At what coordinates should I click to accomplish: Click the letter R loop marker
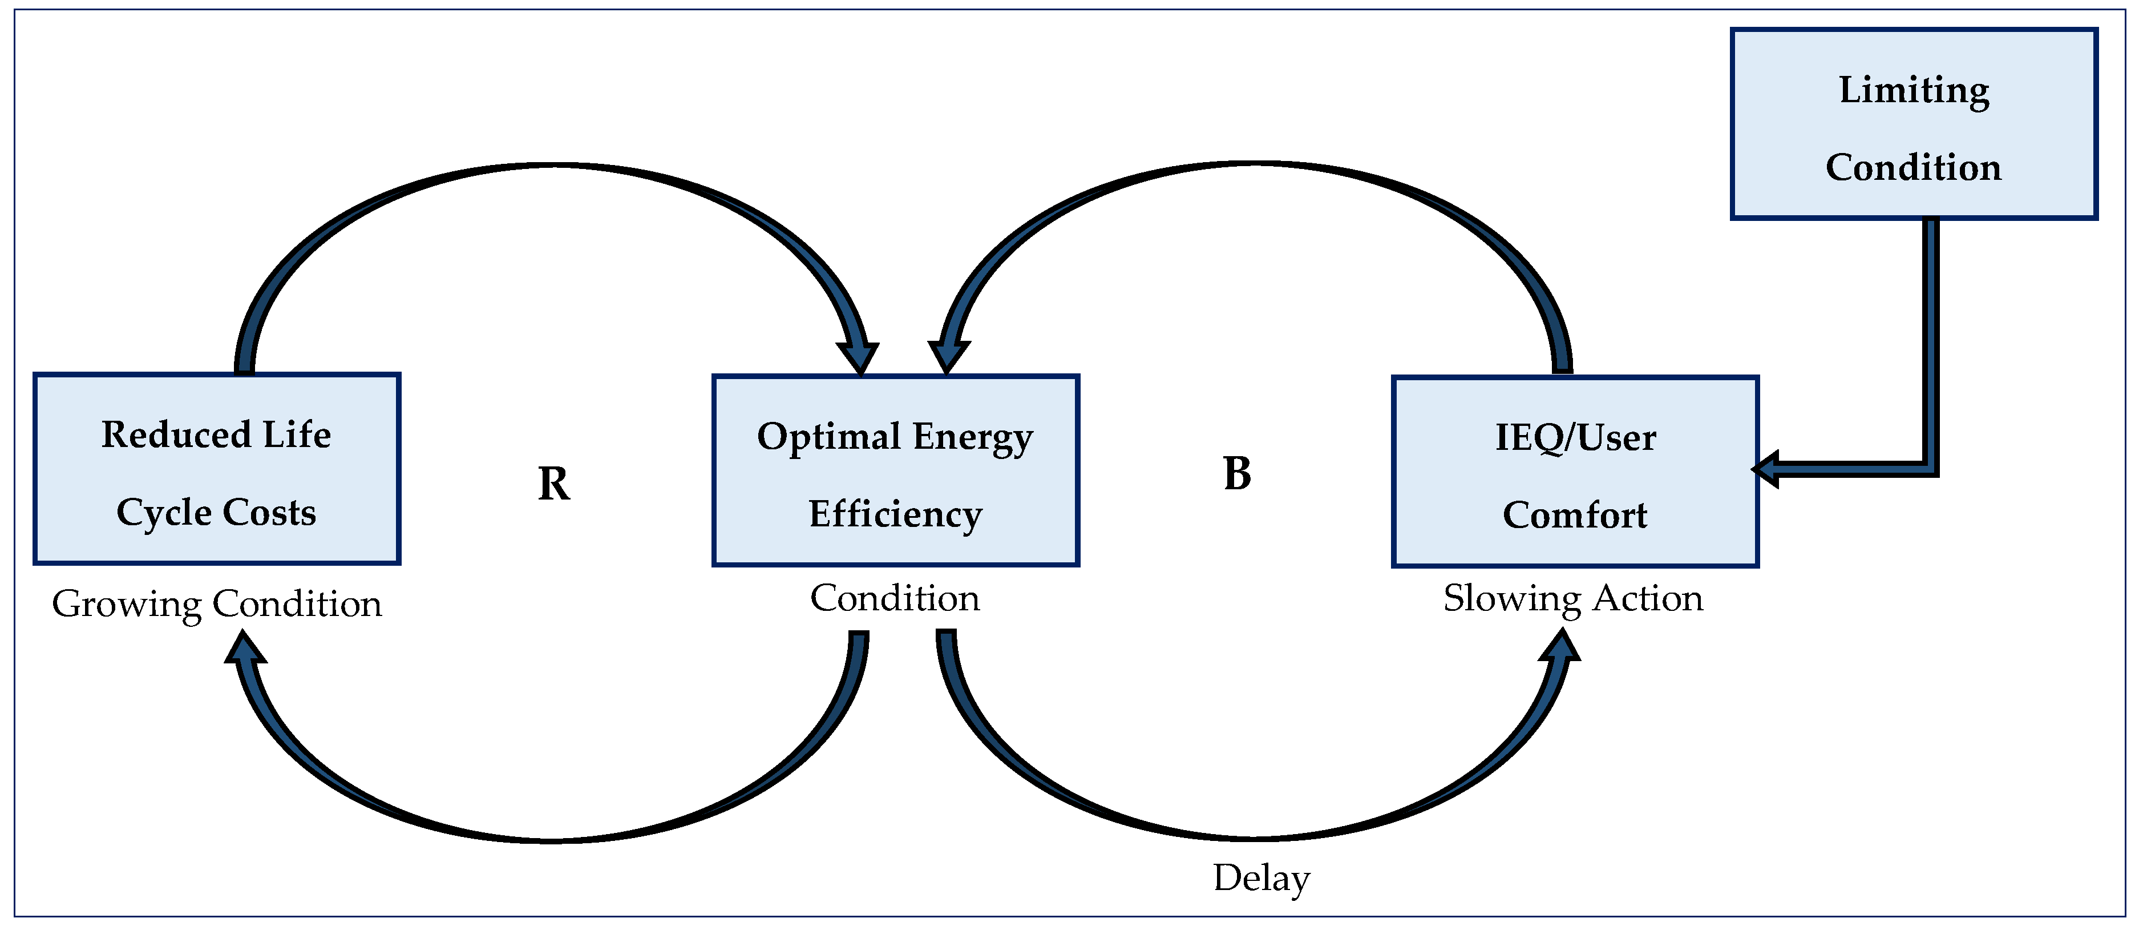tap(553, 484)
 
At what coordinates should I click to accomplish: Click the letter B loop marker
tap(1236, 474)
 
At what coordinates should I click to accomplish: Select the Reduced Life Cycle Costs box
tap(217, 469)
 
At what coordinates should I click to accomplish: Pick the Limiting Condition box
tap(1914, 124)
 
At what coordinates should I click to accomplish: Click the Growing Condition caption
tap(217, 603)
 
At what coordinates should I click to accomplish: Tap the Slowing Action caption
tap(1573, 598)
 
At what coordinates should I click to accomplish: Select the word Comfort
tap(1575, 516)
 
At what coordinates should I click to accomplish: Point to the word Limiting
tap(1914, 90)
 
